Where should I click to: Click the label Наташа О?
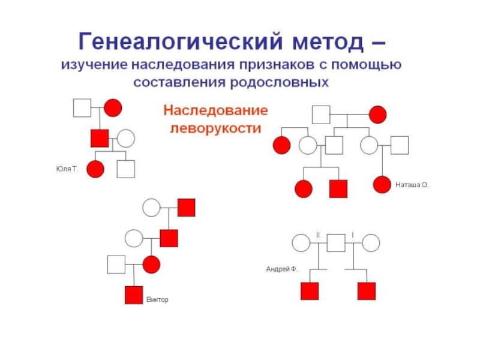click(x=412, y=185)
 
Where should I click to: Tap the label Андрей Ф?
click(x=282, y=269)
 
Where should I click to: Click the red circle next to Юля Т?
click(x=95, y=170)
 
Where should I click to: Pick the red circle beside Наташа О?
click(x=382, y=185)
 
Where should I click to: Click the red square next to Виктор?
click(x=133, y=295)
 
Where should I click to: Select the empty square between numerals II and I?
click(x=336, y=243)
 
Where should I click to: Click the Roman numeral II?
click(x=318, y=234)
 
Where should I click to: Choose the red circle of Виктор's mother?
click(x=151, y=263)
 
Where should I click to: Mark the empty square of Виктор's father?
click(x=116, y=263)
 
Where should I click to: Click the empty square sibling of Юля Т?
click(x=125, y=170)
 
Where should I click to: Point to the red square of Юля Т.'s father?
click(x=99, y=138)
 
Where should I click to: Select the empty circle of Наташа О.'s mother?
click(x=369, y=145)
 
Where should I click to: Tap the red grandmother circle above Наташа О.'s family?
click(x=377, y=114)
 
